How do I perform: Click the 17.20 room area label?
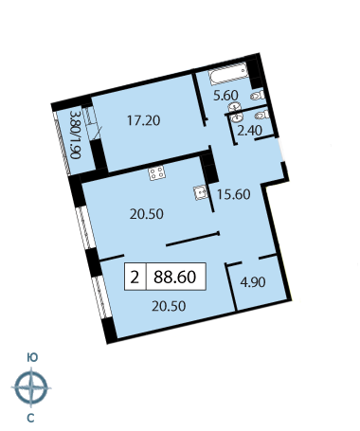(x=144, y=120)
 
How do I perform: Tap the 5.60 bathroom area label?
(x=226, y=95)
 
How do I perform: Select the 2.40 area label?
(x=249, y=130)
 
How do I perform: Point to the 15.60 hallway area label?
(x=234, y=194)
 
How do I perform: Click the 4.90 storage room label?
(x=253, y=282)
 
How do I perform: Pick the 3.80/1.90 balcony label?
(x=76, y=135)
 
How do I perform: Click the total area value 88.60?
(x=175, y=277)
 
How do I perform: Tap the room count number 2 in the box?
(x=135, y=277)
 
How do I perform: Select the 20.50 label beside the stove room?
(x=147, y=214)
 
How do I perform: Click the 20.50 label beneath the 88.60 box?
(x=169, y=306)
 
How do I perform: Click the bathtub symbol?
(x=228, y=73)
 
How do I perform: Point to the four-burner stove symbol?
(x=157, y=172)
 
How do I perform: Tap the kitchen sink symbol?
(x=201, y=193)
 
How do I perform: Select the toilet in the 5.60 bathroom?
(x=258, y=96)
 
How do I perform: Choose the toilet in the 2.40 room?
(x=262, y=115)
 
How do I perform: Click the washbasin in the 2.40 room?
(x=237, y=117)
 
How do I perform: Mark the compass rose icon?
(x=31, y=387)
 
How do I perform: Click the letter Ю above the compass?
(x=32, y=357)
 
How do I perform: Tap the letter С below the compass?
(x=30, y=418)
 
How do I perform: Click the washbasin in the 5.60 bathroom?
(x=235, y=106)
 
